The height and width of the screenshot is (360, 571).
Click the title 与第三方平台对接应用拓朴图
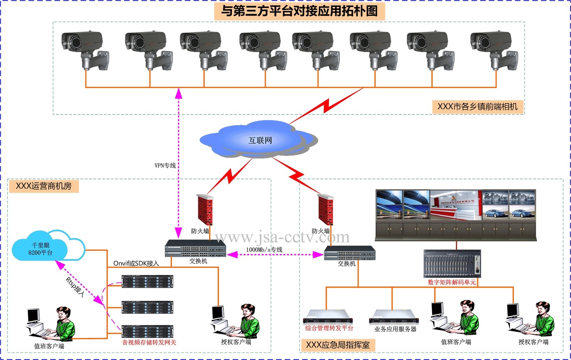(299, 11)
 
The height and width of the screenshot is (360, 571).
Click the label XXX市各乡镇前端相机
(477, 107)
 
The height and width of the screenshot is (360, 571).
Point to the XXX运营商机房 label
(43, 186)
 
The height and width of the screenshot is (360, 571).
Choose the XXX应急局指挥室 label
(338, 345)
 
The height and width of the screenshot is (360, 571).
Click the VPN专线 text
(165, 166)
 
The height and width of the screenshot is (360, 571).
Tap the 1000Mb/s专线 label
(264, 250)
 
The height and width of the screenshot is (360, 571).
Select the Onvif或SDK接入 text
(136, 263)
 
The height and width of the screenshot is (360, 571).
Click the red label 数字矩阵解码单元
(451, 282)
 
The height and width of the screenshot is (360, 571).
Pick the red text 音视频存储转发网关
(149, 342)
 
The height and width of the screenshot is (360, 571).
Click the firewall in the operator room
(205, 210)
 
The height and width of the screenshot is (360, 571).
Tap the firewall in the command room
(325, 210)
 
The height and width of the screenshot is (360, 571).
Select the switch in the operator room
(195, 248)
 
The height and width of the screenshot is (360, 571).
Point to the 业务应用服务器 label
(395, 329)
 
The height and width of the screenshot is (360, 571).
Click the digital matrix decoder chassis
(452, 264)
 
